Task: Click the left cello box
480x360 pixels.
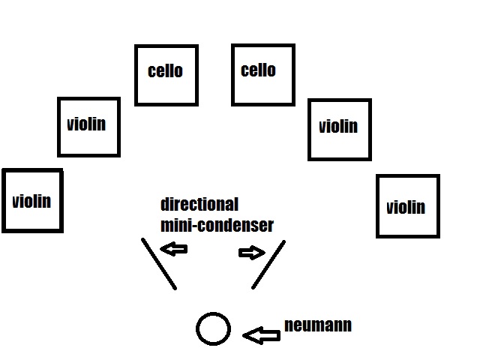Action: [166, 75]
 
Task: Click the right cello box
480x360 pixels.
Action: [263, 74]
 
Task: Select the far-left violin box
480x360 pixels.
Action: [32, 200]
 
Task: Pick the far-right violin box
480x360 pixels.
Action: [407, 206]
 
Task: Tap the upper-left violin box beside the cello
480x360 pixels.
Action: [88, 127]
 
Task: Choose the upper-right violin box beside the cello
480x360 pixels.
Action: [339, 129]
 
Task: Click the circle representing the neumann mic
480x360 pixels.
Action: [213, 328]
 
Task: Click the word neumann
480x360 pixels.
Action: [318, 325]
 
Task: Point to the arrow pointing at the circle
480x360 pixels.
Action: [262, 335]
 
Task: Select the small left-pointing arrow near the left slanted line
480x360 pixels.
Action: [174, 248]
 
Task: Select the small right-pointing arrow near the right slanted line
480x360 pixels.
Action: [249, 253]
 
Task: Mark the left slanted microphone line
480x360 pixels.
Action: [159, 263]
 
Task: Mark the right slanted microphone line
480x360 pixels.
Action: [268, 264]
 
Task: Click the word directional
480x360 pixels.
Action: [199, 204]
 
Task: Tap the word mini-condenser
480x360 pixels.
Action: [217, 223]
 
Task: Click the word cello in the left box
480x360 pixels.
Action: [166, 71]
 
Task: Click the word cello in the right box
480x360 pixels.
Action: [258, 70]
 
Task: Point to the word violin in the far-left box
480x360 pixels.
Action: [32, 201]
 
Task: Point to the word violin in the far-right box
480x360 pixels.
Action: [406, 207]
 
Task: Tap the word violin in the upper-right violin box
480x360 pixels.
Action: [338, 126]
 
